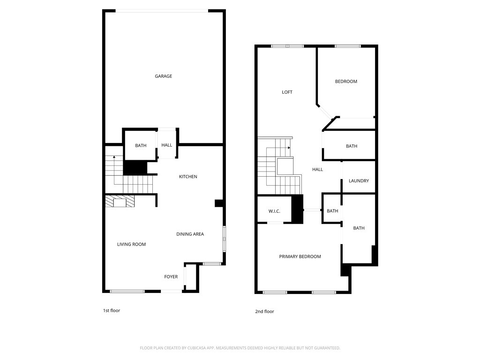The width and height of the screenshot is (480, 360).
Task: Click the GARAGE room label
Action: pos(164,76)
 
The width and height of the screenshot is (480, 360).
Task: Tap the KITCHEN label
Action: pos(188,177)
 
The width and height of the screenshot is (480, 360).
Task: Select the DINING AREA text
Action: pos(190,234)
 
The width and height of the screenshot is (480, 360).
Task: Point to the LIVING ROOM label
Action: pos(131,244)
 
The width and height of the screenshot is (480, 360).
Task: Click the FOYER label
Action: pos(171,277)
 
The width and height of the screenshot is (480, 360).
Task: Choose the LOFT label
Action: pos(287,92)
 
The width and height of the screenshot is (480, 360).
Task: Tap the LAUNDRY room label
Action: pos(359,181)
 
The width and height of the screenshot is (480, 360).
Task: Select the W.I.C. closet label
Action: pos(274,211)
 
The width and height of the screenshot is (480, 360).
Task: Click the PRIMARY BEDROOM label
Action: pos(300,256)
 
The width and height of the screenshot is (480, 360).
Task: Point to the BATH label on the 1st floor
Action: pos(141,145)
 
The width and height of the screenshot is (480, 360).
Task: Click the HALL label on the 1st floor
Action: pos(166,145)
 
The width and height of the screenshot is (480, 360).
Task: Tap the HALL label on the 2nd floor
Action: pos(317,169)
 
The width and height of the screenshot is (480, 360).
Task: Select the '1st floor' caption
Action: pos(112,310)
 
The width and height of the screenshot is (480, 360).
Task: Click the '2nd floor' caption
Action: pos(264,311)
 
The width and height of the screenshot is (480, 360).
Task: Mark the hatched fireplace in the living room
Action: pos(120,202)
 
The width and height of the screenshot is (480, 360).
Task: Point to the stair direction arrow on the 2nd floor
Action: pos(289,148)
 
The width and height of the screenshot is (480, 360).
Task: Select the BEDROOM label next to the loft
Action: pos(346,82)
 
